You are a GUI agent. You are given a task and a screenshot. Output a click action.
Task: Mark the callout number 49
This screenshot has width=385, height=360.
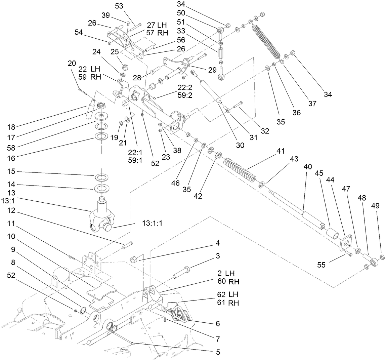[x=376, y=205]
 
